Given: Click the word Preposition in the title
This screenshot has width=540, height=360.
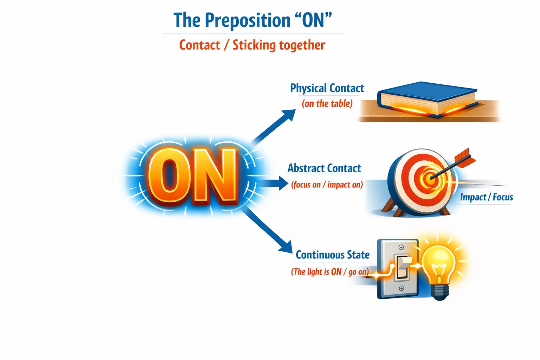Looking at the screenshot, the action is (x=247, y=21).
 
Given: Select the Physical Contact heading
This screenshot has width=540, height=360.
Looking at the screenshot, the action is (x=327, y=88).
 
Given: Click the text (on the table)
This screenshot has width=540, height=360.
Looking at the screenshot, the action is (x=327, y=104).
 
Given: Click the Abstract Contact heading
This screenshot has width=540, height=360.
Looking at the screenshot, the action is (x=324, y=168).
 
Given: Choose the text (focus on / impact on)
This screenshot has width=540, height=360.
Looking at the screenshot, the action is (x=327, y=185).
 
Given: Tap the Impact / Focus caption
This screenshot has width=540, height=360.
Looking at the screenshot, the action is (x=487, y=197).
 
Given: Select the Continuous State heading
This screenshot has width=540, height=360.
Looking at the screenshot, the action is (x=333, y=255).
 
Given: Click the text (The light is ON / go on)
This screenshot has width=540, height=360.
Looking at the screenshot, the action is (x=330, y=272).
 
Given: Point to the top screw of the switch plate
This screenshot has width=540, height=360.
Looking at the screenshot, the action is (x=401, y=247).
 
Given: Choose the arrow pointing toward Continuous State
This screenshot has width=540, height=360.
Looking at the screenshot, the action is (x=268, y=230).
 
